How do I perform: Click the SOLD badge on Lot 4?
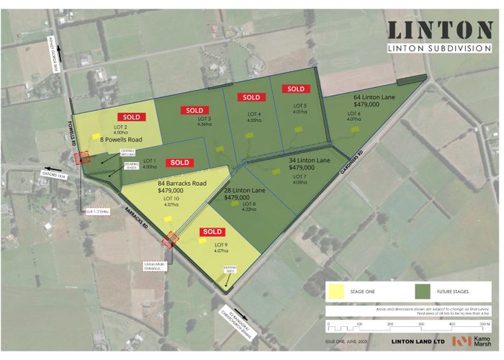pyautogui.click(x=251, y=97)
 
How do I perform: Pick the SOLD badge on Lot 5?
pyautogui.click(x=296, y=89)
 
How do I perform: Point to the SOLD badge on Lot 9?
pyautogui.click(x=212, y=231)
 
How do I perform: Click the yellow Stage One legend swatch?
pyautogui.click(x=336, y=292)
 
